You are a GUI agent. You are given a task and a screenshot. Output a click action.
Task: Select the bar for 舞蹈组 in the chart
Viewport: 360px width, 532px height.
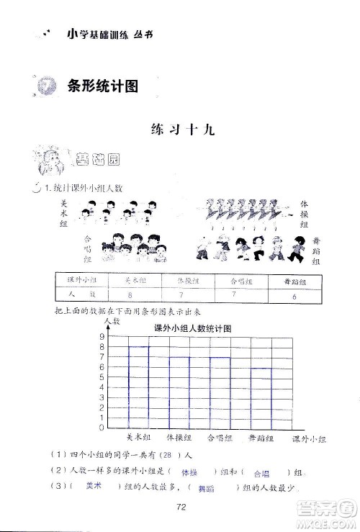click(x=261, y=397)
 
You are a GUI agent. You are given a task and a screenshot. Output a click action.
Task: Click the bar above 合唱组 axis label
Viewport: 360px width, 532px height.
click(x=220, y=392)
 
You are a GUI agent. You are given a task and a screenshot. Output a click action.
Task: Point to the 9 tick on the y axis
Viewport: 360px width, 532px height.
click(x=102, y=336)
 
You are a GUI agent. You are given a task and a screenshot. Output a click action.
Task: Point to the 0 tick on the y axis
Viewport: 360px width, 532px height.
click(x=102, y=428)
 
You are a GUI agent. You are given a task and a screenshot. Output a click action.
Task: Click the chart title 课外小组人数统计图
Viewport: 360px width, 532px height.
click(x=191, y=328)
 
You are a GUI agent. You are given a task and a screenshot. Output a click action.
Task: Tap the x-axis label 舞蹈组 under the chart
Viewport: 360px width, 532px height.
click(x=261, y=437)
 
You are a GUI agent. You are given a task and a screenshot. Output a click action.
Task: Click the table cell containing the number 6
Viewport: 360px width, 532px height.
click(x=294, y=296)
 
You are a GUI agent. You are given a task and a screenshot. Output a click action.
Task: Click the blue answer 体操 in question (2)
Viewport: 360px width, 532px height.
click(x=190, y=472)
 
